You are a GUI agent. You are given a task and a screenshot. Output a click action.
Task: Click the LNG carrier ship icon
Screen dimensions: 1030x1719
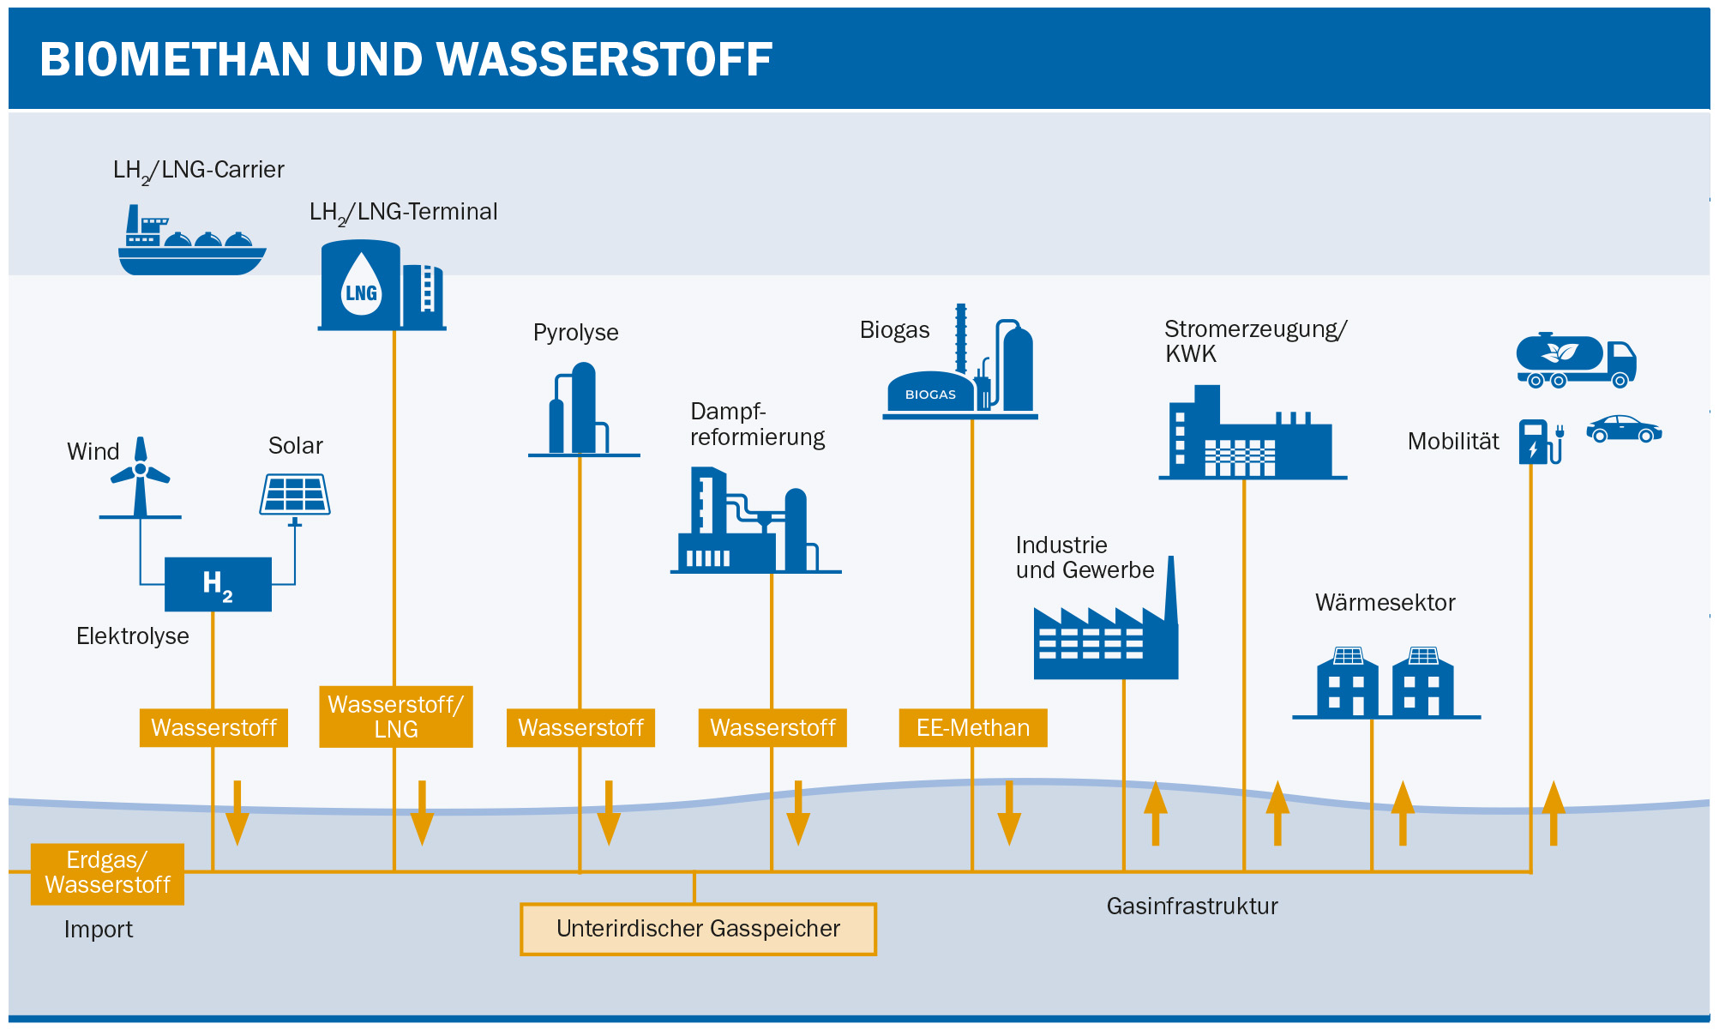[x=191, y=244]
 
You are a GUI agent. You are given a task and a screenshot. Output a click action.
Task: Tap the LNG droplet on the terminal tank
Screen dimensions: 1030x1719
[x=361, y=286]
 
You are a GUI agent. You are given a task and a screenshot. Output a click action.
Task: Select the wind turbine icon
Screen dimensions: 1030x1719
[x=141, y=478]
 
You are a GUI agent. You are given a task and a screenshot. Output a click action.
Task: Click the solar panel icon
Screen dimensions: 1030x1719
[x=295, y=495]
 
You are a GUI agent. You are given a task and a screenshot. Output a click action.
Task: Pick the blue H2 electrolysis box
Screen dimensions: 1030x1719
[x=218, y=584]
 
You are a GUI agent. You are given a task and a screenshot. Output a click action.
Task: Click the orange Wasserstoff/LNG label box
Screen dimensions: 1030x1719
[x=395, y=717]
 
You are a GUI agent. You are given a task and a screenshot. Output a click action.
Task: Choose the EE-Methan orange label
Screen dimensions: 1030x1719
[x=972, y=728]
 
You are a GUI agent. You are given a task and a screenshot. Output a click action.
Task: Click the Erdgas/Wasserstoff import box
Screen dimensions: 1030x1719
[x=107, y=873]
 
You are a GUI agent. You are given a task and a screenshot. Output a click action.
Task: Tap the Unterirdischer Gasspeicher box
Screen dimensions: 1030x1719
[x=698, y=929]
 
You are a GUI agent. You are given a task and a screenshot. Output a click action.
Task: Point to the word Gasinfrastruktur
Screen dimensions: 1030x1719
[x=1192, y=907]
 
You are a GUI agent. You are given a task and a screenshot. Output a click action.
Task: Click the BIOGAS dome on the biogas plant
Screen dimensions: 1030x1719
[x=930, y=393]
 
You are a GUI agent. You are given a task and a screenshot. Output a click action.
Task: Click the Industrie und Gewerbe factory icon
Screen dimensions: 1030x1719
[x=1106, y=635]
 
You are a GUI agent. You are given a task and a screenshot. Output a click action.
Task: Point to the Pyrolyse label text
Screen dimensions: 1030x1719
[x=575, y=333]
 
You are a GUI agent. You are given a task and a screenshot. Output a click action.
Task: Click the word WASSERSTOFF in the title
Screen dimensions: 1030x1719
[x=604, y=60]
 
